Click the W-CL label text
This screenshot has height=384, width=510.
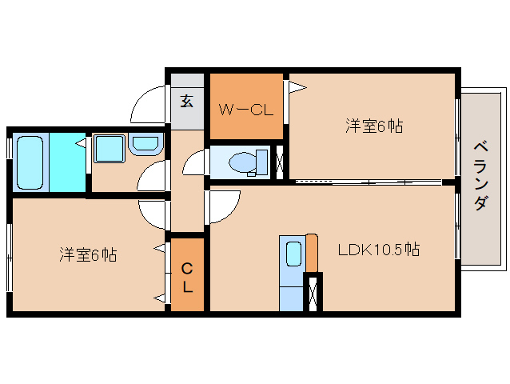(x=246, y=110)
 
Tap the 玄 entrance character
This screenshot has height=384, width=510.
(x=186, y=101)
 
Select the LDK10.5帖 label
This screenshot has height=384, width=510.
(x=378, y=250)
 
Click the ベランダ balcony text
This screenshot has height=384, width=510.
(x=480, y=175)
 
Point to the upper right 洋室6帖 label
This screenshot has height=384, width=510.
(x=373, y=126)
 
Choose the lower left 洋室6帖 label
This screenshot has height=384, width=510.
(x=88, y=255)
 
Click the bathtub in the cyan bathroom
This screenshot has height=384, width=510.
(x=30, y=162)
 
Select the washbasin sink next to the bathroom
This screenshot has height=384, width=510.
(x=145, y=145)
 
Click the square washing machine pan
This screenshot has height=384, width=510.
(x=109, y=149)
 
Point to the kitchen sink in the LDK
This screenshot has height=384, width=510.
(x=293, y=254)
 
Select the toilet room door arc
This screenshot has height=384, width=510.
(x=195, y=165)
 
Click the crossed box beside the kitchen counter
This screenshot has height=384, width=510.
(x=313, y=293)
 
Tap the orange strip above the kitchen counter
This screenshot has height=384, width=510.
(x=312, y=253)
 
